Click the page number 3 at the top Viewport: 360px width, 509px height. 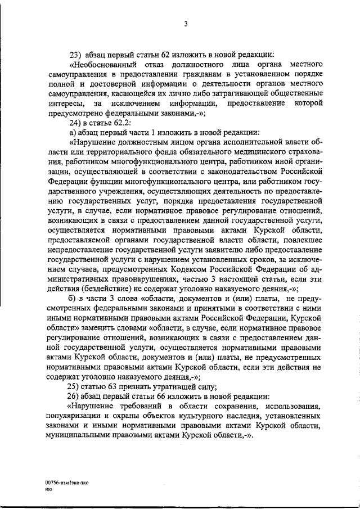pyautogui.click(x=185, y=24)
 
